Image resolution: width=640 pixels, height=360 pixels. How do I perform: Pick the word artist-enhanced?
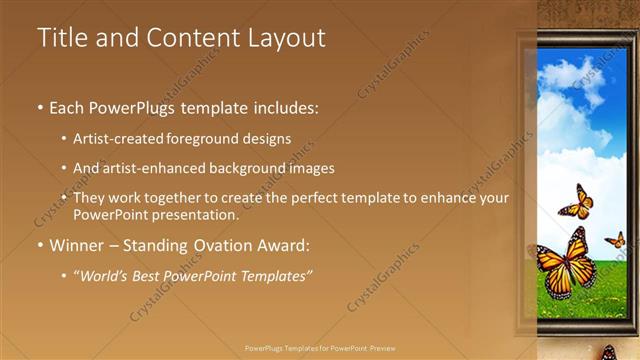coord(157,168)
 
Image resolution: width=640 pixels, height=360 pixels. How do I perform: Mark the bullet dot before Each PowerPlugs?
coord(40,107)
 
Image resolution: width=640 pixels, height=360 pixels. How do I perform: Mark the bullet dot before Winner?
coord(40,244)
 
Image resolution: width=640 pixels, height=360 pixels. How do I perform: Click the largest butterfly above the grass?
coord(567,264)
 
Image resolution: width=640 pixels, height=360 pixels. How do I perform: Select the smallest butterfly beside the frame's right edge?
coord(616,240)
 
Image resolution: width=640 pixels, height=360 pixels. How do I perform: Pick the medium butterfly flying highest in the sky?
coord(577,202)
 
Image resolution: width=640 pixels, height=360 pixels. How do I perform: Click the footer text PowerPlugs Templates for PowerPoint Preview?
coord(319,348)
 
